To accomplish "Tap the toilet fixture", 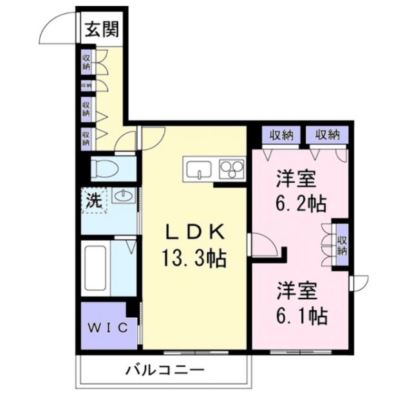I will pyautogui.click(x=103, y=170).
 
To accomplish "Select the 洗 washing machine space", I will pyautogui.click(x=94, y=200).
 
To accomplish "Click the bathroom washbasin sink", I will pyautogui.click(x=122, y=196).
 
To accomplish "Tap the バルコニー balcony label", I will pyautogui.click(x=164, y=371).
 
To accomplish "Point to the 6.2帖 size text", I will pyautogui.click(x=301, y=203).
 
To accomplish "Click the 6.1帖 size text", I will pyautogui.click(x=301, y=315).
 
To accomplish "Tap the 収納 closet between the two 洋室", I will pyautogui.click(x=342, y=240).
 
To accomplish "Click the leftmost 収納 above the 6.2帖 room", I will pyautogui.click(x=281, y=135).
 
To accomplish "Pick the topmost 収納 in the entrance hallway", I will pyautogui.click(x=86, y=62).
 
